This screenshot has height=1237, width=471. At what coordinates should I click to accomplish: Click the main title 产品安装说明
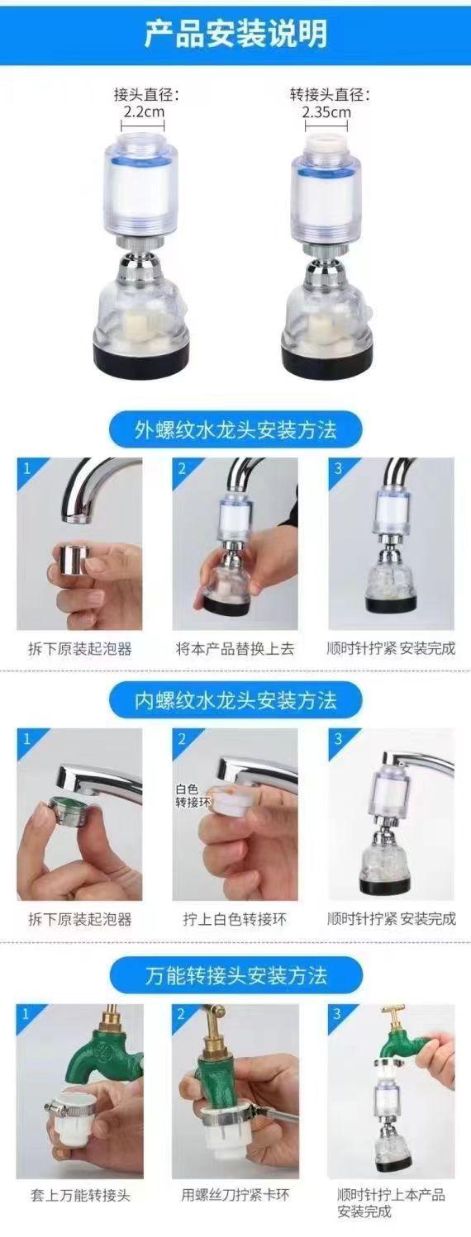coord(235,33)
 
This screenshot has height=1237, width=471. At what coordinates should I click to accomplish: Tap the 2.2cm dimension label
coord(144,111)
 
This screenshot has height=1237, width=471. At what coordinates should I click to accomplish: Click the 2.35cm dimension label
coord(326,112)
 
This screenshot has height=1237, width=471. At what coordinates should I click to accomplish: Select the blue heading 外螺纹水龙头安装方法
coord(235,429)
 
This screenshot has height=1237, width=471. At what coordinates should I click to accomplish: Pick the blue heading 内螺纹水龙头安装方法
coord(235,700)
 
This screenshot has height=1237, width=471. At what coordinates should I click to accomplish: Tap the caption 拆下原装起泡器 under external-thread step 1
coord(80,648)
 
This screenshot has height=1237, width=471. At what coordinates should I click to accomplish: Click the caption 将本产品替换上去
coord(235,648)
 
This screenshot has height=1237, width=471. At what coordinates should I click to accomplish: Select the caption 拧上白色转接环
coord(235,919)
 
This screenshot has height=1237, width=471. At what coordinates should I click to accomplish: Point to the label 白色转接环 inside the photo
coord(192,796)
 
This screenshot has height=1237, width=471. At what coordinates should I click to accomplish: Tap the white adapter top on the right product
coord(326,141)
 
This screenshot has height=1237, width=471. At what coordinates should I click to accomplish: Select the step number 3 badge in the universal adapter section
coord(337,1014)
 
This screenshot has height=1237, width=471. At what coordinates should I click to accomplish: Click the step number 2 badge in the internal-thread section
coord(182,738)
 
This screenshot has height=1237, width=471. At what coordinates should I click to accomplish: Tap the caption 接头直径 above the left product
coord(147,95)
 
